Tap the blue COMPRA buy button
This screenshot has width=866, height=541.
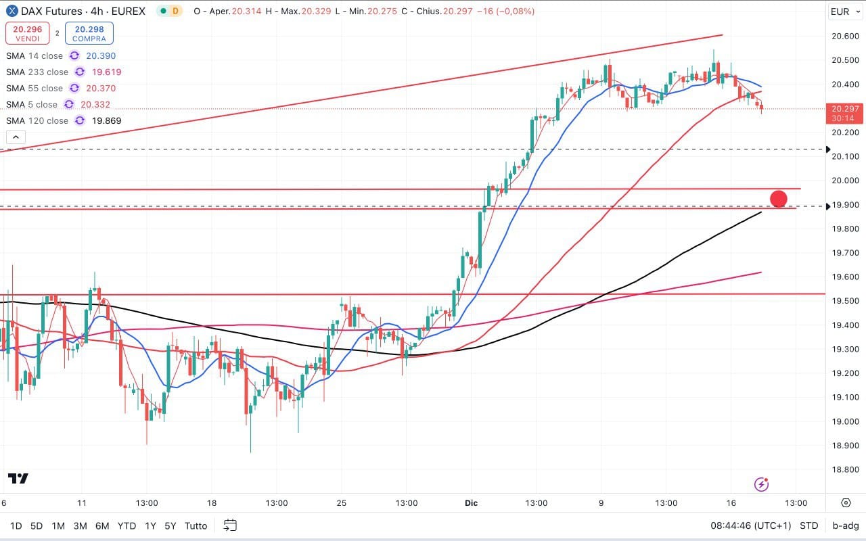click(89, 33)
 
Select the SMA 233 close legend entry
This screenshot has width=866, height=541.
click(37, 72)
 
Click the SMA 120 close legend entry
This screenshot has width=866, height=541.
click(37, 120)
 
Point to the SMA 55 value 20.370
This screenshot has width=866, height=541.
click(101, 88)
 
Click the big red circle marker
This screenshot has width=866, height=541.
click(779, 198)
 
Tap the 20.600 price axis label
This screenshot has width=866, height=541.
click(846, 36)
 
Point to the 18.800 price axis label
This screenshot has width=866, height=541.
click(846, 469)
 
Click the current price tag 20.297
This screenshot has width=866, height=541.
click(845, 109)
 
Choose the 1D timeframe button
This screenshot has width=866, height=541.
click(16, 525)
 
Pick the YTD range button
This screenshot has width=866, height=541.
click(127, 525)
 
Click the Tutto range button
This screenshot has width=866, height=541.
click(196, 525)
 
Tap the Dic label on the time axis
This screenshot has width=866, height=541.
click(472, 503)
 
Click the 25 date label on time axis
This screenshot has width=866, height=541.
click(342, 503)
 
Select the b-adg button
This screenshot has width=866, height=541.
click(845, 525)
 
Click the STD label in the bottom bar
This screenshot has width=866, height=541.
click(808, 525)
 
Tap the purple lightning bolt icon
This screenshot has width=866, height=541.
click(761, 484)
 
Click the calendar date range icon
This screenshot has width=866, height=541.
click(230, 525)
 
